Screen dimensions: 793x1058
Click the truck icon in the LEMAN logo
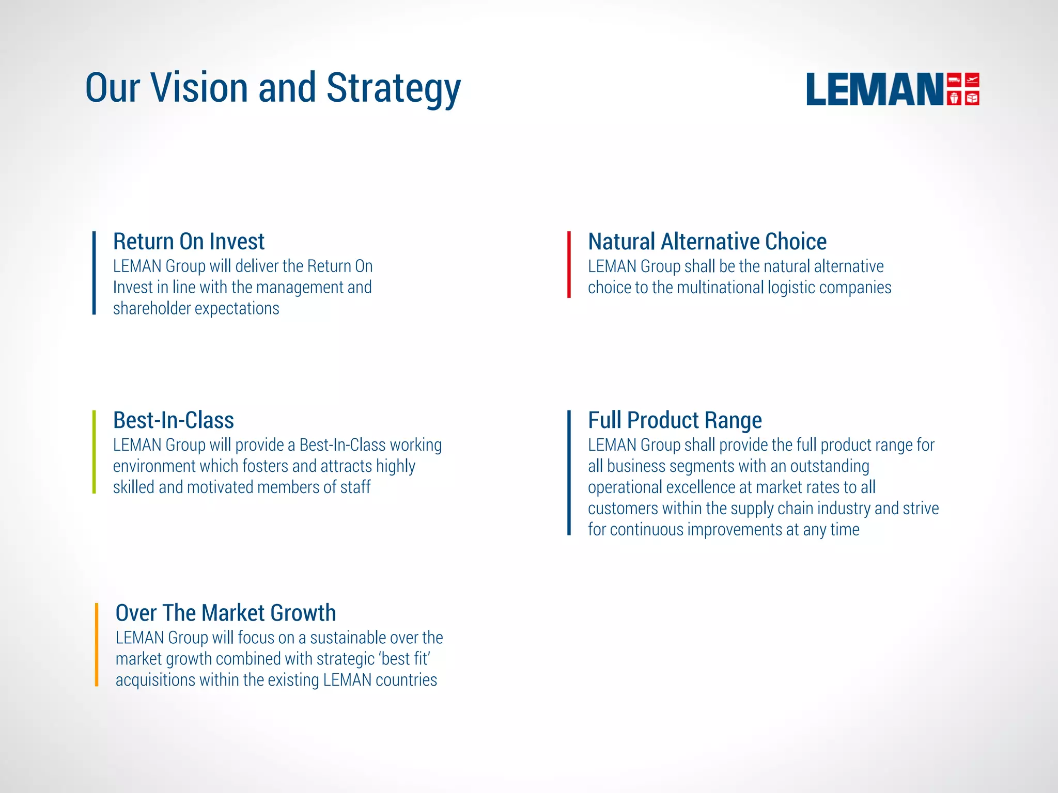coord(954,81)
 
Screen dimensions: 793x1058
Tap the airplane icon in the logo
coord(972,81)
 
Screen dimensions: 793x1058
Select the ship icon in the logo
coord(954,98)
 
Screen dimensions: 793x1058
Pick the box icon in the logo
coord(972,98)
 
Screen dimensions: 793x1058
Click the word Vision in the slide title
coord(200,88)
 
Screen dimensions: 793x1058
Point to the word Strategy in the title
coord(394,89)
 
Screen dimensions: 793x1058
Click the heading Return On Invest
coord(189,242)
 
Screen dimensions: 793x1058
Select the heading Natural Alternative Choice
coord(707,242)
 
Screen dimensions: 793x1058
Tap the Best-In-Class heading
coord(174,420)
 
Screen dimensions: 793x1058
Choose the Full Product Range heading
coord(675,420)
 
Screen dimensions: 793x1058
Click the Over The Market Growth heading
coord(226,613)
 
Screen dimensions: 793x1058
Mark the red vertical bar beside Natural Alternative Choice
coord(569,264)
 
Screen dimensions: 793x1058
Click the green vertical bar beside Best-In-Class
coord(94,452)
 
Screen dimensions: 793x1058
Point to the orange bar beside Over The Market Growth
coord(97,644)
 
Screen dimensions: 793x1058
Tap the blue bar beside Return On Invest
coord(94,273)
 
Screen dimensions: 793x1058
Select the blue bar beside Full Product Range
coord(569,472)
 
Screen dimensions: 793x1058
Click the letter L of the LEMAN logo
coord(819,89)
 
